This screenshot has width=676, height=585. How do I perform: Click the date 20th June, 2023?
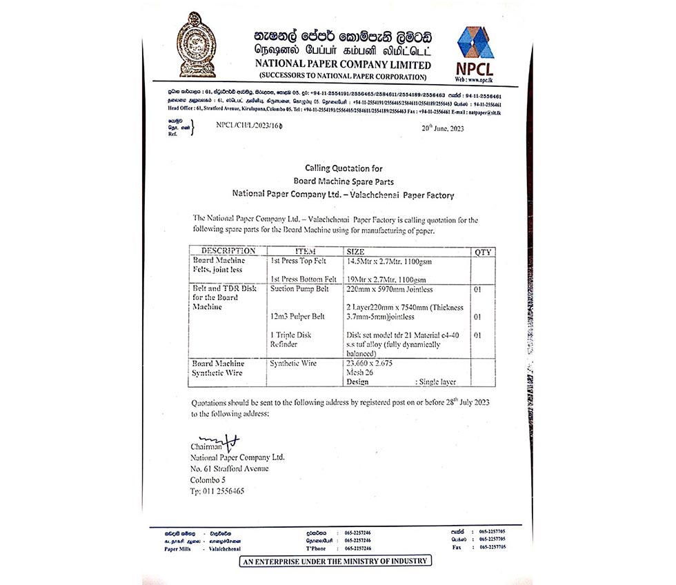443,129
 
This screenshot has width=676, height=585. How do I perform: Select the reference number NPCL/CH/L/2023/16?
248,126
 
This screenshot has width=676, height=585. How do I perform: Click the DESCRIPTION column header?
228,251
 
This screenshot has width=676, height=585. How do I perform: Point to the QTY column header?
483,252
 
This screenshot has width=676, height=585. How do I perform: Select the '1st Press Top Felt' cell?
303,262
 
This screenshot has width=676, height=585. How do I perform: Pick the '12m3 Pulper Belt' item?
298,317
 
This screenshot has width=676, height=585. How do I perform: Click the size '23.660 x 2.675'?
369,363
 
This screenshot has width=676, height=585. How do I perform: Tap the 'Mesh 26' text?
361,372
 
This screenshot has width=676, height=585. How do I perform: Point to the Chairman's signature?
217,440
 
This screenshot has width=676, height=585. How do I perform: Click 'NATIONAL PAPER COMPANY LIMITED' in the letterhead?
343,64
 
